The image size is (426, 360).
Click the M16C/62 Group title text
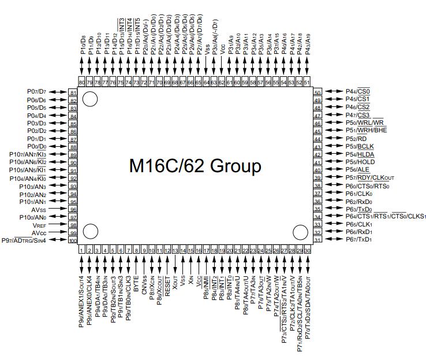click(195, 166)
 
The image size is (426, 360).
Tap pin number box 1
click(82, 250)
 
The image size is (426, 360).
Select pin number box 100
click(73, 240)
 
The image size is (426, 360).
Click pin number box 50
click(317, 92)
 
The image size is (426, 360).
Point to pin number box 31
click(317, 240)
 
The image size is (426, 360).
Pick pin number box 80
click(82, 83)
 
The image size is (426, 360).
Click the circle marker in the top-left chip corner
click(89, 100)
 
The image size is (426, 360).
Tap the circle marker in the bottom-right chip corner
click(300, 232)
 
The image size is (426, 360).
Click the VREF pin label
click(55, 225)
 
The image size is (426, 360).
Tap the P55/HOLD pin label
click(360, 162)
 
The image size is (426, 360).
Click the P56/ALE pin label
click(358, 170)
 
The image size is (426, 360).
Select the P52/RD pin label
click(356, 139)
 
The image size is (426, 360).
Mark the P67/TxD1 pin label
click(359, 240)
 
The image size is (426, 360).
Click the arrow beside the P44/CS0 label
click(334, 91)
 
